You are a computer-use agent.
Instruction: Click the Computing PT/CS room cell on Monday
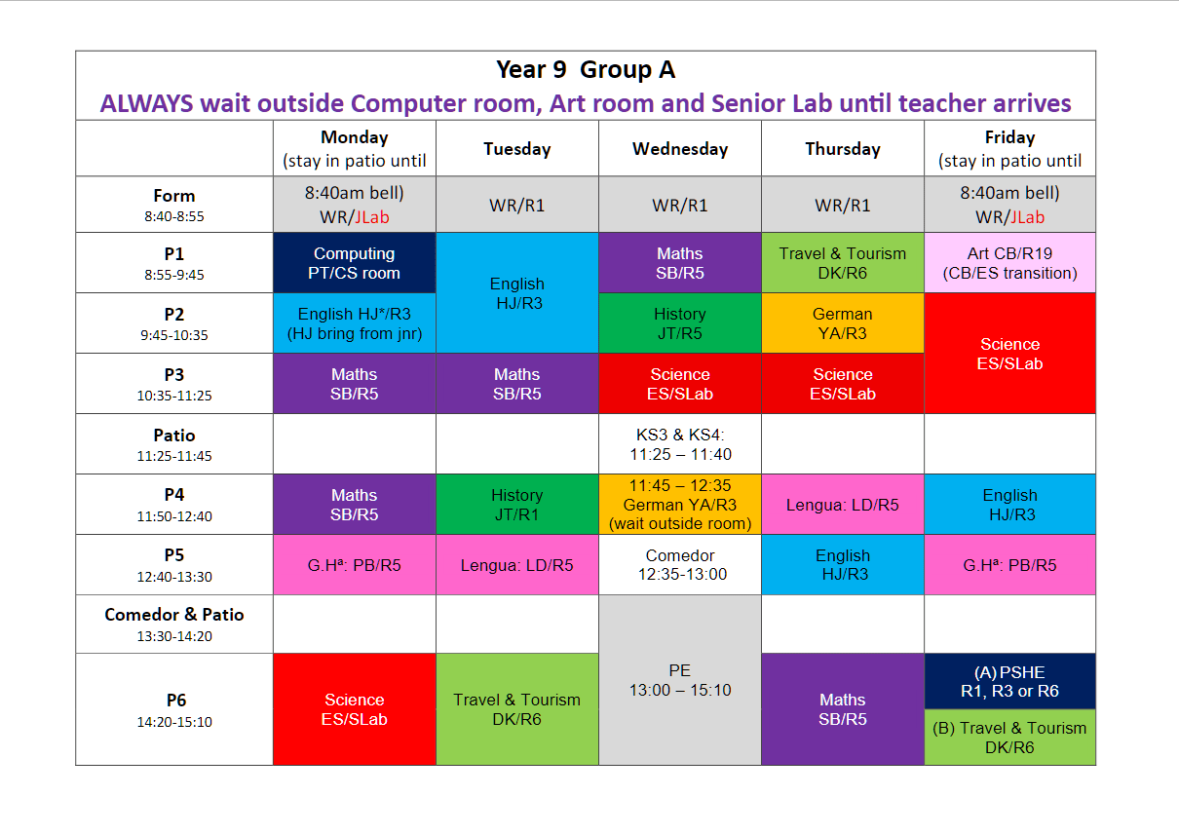[355, 262]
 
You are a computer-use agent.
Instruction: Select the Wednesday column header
[680, 148]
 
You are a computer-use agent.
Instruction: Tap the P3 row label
[174, 384]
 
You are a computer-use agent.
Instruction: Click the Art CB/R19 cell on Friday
[1009, 262]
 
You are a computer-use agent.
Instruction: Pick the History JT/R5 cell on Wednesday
[680, 323]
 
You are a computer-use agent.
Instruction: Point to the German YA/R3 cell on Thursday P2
[843, 323]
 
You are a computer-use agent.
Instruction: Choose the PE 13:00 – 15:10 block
[680, 680]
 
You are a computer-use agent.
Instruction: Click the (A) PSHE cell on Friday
[1009, 681]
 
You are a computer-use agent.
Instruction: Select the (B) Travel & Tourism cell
[1009, 738]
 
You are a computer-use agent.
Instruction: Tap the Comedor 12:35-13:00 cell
[680, 564]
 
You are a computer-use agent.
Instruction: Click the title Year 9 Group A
[586, 69]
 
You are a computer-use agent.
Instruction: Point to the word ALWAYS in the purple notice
[146, 103]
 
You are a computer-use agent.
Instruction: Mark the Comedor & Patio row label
[174, 625]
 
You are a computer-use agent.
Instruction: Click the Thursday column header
[843, 148]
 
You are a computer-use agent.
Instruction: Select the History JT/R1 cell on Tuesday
[516, 504]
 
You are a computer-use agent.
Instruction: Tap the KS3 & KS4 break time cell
[680, 444]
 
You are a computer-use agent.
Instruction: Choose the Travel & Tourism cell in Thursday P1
[843, 262]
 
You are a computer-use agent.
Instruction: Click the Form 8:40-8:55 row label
[174, 205]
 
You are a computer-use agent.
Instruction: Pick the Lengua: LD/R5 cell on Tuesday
[516, 564]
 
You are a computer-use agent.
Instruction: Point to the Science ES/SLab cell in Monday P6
[355, 709]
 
